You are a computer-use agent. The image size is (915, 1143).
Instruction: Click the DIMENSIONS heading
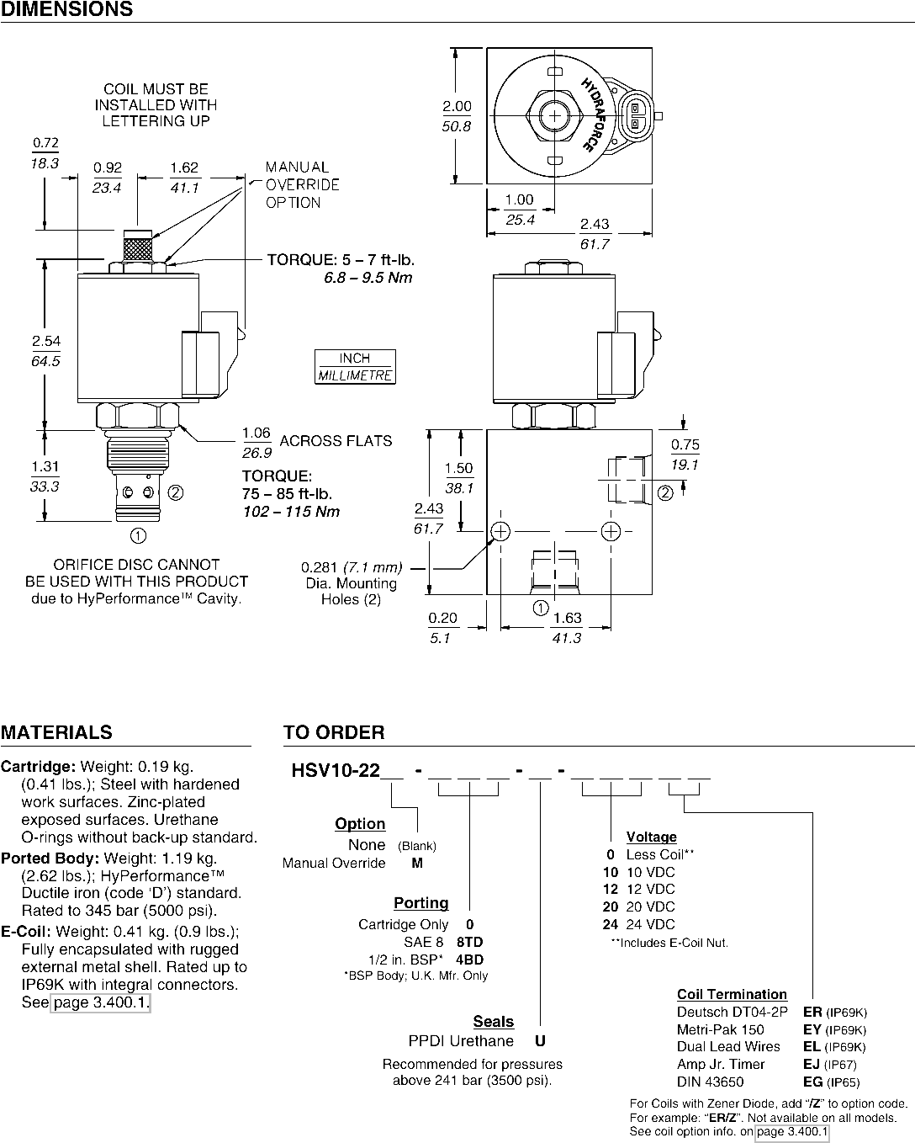pos(67,9)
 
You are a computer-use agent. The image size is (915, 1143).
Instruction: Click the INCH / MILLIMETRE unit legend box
pos(355,366)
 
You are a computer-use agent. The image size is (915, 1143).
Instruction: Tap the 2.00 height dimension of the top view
pos(457,116)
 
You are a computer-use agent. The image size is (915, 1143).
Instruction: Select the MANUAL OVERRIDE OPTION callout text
pos(302,185)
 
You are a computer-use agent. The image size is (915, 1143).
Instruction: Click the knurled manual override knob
pos(138,246)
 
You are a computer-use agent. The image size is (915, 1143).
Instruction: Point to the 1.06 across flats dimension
pos(257,443)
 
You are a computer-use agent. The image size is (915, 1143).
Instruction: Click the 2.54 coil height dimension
pos(46,350)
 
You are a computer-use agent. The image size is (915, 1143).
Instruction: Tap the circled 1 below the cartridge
pos(138,536)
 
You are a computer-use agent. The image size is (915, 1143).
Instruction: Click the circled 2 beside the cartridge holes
pos(176,493)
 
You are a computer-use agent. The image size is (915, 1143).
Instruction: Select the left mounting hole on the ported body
pos(500,531)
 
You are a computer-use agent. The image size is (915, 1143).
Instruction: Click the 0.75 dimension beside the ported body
pos(685,455)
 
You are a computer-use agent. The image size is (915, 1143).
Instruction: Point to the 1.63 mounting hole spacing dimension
pos(568,627)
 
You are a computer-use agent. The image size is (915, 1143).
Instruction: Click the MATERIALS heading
pos(57,732)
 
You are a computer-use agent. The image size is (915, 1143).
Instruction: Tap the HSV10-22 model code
pos(336,770)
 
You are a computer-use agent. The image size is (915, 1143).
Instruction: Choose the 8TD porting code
pos(470,942)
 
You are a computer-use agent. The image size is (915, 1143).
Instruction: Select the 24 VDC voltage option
pos(638,924)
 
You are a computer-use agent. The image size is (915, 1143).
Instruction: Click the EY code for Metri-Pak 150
pos(812,1029)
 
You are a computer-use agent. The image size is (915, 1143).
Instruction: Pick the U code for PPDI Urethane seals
pos(540,1040)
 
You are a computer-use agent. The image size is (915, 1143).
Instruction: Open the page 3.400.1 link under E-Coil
pos(101,1002)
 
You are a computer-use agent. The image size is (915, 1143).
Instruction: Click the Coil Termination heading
pos(732,994)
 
